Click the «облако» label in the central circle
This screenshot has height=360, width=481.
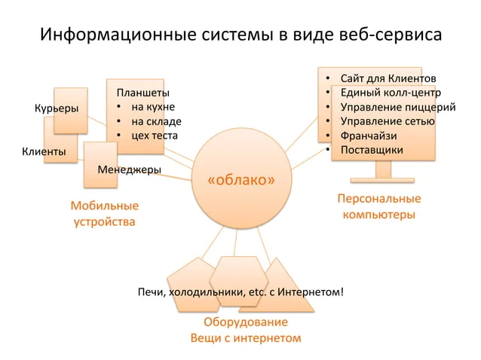[241, 180]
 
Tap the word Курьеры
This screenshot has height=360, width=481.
[57, 108]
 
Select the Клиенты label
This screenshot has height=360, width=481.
[44, 151]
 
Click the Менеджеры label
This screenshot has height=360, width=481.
[129, 169]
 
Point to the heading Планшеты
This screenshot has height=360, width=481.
[143, 93]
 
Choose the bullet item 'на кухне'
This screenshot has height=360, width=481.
[153, 107]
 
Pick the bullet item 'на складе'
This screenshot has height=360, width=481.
[157, 122]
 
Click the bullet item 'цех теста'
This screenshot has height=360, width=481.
[155, 136]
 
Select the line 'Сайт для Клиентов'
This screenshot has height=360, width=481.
[388, 79]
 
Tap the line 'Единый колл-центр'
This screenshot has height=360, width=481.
[391, 93]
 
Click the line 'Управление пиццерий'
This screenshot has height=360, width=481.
[398, 107]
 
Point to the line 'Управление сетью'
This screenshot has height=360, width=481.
[388, 121]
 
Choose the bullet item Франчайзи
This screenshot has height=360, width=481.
[369, 136]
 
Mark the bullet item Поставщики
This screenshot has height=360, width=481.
[372, 150]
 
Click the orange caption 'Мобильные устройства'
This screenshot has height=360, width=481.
[105, 214]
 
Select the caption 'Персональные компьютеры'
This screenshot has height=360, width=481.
[379, 206]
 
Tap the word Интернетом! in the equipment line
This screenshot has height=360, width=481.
[311, 292]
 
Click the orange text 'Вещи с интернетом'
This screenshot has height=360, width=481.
[246, 338]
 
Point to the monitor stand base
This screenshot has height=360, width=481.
[382, 180]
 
